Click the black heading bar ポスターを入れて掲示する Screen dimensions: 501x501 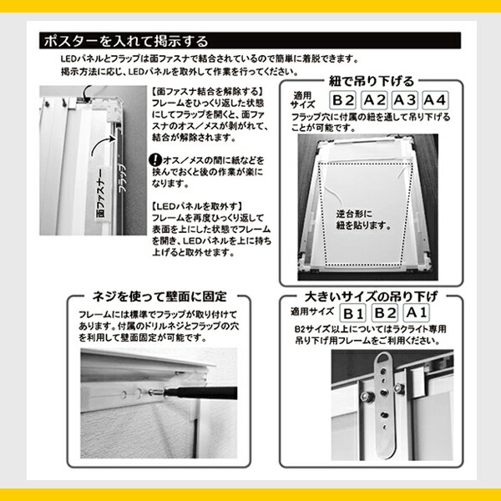[x=250, y=41]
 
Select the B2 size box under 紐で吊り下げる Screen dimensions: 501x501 [x=343, y=100]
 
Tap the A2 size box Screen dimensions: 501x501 [x=374, y=100]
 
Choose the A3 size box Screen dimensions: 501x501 [x=405, y=100]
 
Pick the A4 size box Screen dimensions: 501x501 [x=435, y=100]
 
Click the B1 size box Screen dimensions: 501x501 [x=352, y=313]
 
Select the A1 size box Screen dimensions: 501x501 [x=416, y=312]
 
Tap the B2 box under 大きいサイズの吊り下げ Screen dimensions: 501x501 [x=385, y=313]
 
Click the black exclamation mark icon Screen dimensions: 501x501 [x=155, y=159]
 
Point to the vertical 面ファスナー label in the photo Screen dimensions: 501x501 [x=101, y=194]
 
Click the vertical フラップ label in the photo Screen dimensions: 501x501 [x=123, y=178]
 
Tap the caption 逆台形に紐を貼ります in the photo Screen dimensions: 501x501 [x=363, y=220]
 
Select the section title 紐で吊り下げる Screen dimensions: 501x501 [x=372, y=82]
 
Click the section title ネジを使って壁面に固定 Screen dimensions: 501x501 [x=159, y=296]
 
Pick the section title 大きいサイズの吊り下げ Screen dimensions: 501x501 [x=371, y=296]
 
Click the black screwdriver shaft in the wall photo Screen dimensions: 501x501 [x=201, y=392]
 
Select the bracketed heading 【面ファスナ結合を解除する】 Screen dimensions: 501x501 [x=208, y=92]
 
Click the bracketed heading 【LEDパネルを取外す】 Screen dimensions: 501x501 [x=197, y=206]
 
